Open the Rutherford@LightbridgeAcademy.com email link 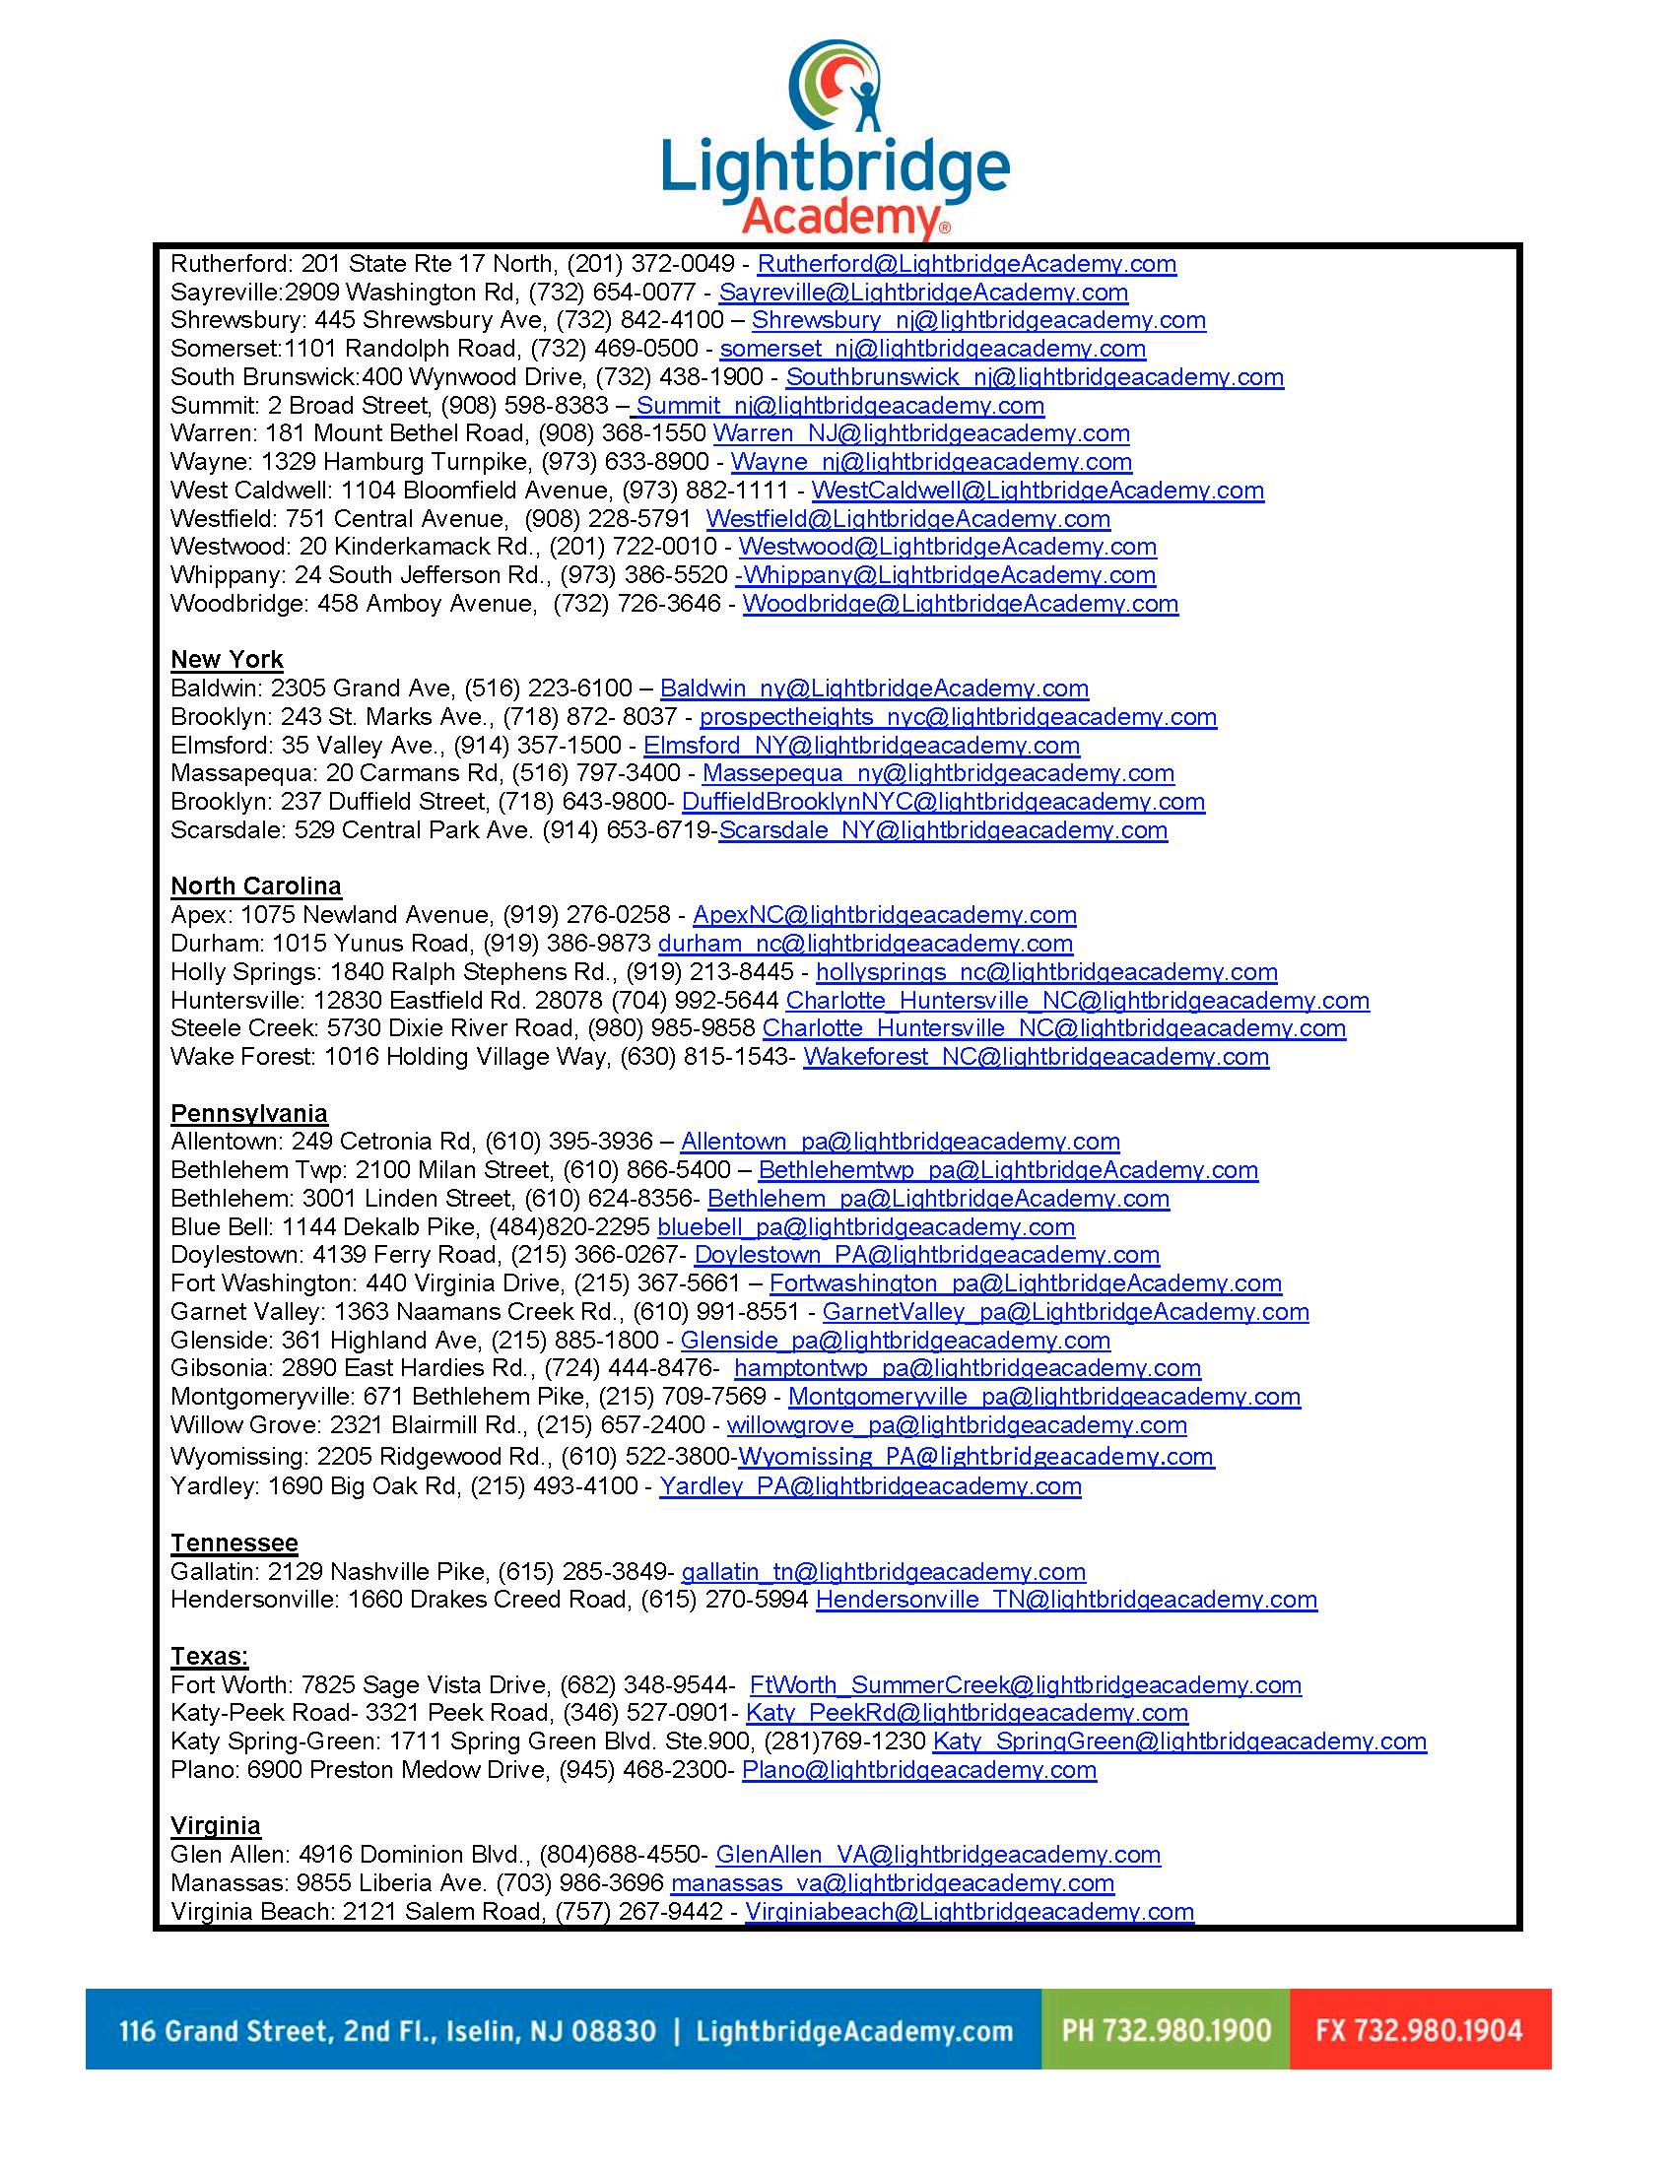pos(967,264)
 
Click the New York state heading pos(227,660)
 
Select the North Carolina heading pos(256,886)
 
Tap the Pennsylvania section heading pos(249,1113)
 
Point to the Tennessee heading pos(234,1543)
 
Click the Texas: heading pos(209,1656)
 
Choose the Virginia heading pos(216,1825)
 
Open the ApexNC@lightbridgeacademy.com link pos(884,915)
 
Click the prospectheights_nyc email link pos(958,717)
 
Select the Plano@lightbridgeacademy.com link pos(919,1769)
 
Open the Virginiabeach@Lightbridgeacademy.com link pos(970,1912)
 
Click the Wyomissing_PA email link pos(975,1457)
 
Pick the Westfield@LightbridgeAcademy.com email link pos(908,519)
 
